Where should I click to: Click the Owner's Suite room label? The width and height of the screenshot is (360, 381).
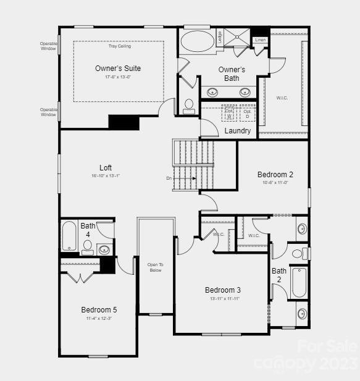point(118,68)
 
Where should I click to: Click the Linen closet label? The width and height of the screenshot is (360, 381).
point(260,40)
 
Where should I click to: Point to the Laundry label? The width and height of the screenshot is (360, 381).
point(238,131)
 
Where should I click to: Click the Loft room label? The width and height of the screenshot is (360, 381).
point(106,168)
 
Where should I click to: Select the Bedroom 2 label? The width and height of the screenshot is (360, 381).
point(275,175)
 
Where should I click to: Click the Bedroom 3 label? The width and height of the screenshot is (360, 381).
point(223,290)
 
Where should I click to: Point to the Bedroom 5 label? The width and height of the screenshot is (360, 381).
point(99,309)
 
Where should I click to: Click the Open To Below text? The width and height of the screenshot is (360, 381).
point(156,267)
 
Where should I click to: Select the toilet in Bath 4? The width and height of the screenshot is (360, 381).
point(87,247)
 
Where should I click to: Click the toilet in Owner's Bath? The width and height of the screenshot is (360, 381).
point(189,106)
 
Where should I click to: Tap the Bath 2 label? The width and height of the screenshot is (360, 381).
point(279,275)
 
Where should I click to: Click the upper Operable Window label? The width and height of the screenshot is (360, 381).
point(48,46)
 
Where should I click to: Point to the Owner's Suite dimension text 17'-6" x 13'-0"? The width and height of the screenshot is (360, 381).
point(118,77)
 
